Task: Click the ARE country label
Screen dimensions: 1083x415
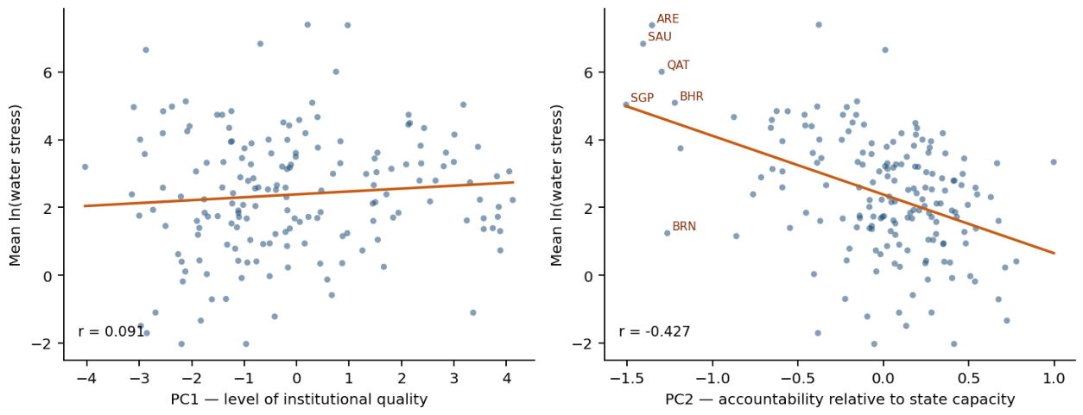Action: point(668,19)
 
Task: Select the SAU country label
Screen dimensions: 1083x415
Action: point(660,37)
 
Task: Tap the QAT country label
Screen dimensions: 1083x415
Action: point(678,66)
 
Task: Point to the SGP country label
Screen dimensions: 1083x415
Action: point(642,97)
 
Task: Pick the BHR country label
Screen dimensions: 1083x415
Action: point(692,96)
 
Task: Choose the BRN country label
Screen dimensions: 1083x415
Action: point(684,226)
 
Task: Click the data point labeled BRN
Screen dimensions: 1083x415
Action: point(668,233)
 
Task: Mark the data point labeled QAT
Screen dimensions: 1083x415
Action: point(662,72)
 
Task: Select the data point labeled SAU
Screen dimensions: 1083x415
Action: point(643,44)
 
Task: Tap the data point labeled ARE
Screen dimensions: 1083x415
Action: point(652,26)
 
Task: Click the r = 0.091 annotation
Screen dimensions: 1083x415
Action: point(111,331)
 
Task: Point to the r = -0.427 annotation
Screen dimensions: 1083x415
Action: point(655,331)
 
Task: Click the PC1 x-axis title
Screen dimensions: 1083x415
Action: point(300,399)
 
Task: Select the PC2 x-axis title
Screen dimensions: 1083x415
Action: point(839,399)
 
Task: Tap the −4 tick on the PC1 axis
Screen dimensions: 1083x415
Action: point(87,378)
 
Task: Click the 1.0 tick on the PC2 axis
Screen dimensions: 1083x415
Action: point(1054,378)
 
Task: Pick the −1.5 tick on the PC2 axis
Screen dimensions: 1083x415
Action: point(627,378)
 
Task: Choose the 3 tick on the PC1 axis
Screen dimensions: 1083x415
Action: point(454,378)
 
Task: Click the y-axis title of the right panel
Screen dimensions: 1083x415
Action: point(556,185)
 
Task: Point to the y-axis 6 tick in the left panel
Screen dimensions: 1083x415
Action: point(47,72)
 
